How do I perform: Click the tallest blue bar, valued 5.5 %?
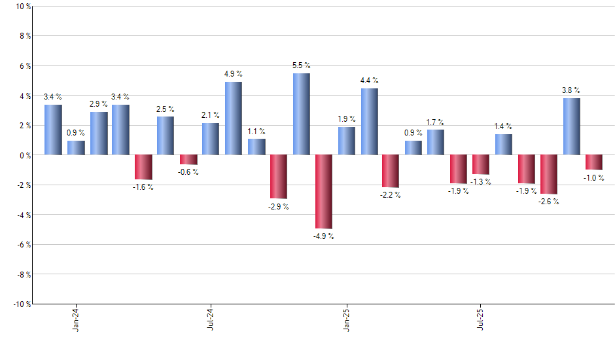click(x=302, y=114)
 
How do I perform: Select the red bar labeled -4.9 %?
click(x=324, y=191)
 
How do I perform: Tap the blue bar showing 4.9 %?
click(x=234, y=118)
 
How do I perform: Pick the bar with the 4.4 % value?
click(x=369, y=122)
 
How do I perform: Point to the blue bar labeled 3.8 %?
click(x=572, y=126)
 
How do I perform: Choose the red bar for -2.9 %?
click(x=279, y=176)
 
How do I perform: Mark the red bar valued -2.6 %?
click(x=549, y=174)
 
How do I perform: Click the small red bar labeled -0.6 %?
click(x=188, y=159)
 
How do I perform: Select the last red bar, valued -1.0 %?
click(x=594, y=162)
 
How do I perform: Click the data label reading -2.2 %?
click(x=391, y=195)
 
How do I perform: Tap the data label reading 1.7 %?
click(x=435, y=122)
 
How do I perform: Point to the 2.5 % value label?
click(x=165, y=109)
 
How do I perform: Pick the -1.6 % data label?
click(x=143, y=187)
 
